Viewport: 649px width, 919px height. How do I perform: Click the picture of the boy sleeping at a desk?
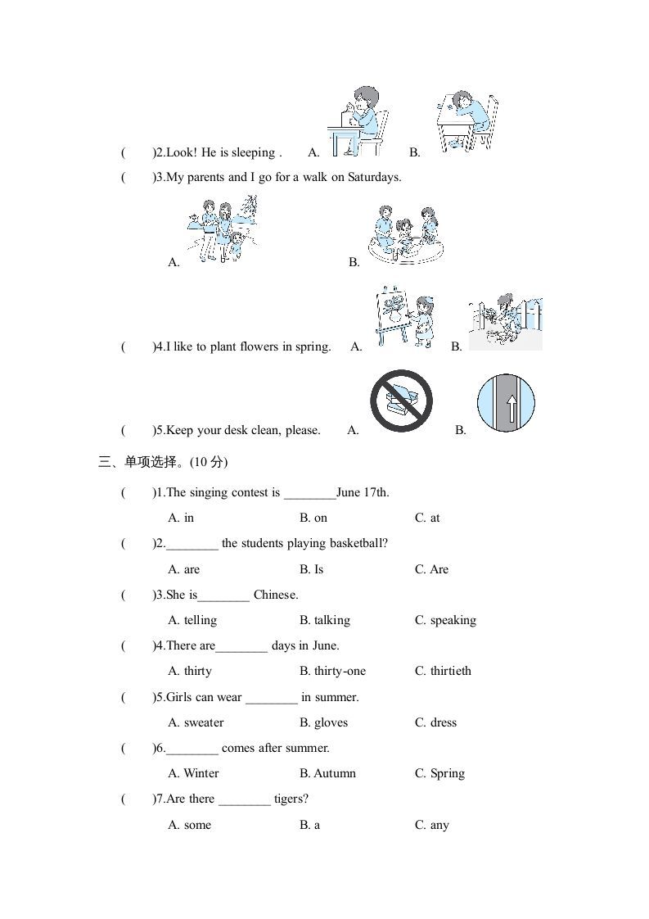pos(465,121)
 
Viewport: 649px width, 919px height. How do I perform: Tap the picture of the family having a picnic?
pos(403,234)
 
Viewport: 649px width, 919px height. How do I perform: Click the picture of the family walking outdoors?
pos(221,229)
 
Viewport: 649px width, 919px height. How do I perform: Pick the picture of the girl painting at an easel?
pos(403,318)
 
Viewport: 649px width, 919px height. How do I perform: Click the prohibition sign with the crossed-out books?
pos(400,401)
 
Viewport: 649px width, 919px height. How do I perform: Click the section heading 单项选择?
pos(151,462)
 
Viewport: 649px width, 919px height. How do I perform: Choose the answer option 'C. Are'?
pos(431,569)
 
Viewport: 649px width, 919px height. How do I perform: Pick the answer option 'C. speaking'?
pos(445,620)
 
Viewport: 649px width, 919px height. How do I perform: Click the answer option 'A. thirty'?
pos(190,671)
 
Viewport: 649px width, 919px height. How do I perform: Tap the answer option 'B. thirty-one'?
pos(332,671)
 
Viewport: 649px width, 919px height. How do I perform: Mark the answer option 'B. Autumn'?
pos(327,773)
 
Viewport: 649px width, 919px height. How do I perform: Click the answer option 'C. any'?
pos(431,825)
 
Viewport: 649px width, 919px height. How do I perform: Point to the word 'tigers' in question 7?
pos(291,799)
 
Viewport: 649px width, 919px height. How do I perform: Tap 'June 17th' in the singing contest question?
pos(363,493)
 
